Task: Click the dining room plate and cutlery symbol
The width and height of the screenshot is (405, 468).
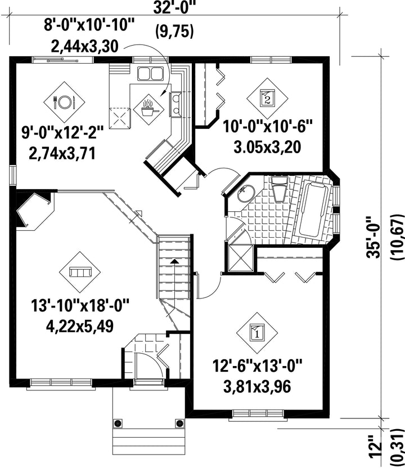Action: (64, 102)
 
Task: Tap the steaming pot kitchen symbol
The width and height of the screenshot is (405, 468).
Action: (148, 109)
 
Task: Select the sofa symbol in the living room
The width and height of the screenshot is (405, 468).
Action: (80, 272)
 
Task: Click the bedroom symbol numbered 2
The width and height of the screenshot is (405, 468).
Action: (267, 97)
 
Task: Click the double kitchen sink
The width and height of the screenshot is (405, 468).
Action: (150, 73)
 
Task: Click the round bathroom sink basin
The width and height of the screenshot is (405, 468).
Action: (246, 193)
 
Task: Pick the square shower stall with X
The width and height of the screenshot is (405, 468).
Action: (241, 258)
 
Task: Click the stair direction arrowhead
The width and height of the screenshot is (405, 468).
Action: (175, 261)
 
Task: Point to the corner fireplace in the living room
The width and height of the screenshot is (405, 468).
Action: (33, 211)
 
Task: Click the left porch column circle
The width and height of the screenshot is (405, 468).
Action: (118, 423)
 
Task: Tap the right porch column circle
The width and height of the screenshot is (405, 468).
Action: (179, 423)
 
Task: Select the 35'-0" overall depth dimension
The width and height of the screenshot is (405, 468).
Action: (373, 237)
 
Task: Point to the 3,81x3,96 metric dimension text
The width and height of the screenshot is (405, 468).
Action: (257, 387)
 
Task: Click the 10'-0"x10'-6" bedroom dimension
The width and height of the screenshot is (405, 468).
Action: (267, 127)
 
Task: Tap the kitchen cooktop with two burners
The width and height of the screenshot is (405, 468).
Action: (175, 104)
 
